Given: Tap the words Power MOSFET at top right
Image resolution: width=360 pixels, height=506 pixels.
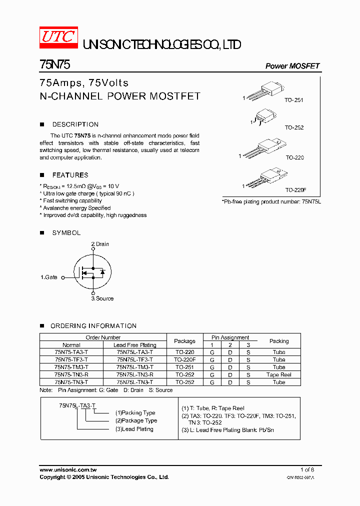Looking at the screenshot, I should point(292,66).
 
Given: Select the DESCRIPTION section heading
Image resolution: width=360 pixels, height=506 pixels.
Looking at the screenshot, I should point(75,124).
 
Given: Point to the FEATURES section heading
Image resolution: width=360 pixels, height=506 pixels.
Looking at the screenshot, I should point(70,175).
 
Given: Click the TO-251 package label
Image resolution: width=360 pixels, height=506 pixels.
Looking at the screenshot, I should point(294,100).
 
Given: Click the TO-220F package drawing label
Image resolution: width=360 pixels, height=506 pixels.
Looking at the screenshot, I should point(295,190).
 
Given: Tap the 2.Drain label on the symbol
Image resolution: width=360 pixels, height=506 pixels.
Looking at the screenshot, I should point(100,244).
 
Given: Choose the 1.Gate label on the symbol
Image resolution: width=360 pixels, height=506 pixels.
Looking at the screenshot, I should point(49,277).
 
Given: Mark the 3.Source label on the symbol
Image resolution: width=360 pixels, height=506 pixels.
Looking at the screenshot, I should point(102,298).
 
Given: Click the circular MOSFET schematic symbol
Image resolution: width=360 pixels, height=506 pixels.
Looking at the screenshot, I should point(92,272).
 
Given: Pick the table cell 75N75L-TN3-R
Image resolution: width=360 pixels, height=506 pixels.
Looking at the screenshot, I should point(134,374).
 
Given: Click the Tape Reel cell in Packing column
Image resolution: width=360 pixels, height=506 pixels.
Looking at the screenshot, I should point(278,374).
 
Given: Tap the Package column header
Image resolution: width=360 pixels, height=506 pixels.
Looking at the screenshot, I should point(184,341).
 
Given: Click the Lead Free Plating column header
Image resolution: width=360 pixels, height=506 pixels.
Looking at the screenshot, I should point(134,345).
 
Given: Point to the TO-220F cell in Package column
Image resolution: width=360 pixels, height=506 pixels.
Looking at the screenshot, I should point(184,359).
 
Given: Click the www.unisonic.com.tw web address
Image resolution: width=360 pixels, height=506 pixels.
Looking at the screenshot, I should point(68,470).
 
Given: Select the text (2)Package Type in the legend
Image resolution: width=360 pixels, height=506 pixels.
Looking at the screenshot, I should point(136,421).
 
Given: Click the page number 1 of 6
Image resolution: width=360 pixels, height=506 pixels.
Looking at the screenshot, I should point(307,470).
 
